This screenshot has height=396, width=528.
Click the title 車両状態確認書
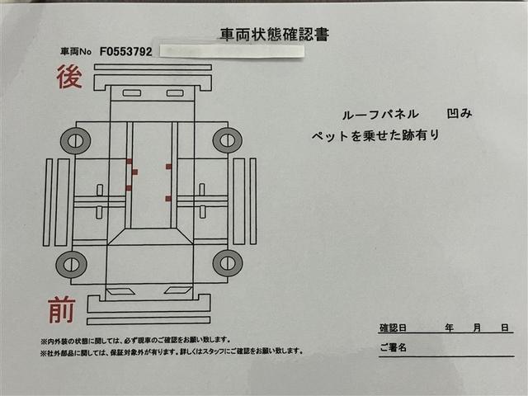click(x=275, y=34)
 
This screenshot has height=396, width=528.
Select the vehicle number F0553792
click(x=126, y=51)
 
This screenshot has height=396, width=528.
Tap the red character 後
click(x=69, y=77)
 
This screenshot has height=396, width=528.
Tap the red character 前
click(x=62, y=310)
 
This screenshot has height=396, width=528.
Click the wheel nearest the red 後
click(x=75, y=141)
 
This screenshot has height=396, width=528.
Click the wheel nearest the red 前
click(x=72, y=264)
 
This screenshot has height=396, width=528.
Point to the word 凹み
click(x=460, y=114)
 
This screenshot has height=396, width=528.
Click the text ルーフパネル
click(x=380, y=115)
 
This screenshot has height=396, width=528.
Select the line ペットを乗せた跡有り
click(x=375, y=135)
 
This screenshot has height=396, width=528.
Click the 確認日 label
click(x=393, y=328)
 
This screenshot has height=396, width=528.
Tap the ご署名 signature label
click(x=393, y=347)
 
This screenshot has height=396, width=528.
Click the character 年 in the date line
click(x=449, y=328)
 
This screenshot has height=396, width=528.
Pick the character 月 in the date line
click(x=477, y=328)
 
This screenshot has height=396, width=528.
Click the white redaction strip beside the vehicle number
click(x=232, y=51)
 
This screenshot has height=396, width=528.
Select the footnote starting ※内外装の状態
click(x=135, y=341)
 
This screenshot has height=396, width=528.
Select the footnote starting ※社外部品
click(x=172, y=351)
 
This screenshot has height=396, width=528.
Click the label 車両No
click(x=76, y=51)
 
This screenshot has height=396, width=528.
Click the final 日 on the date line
click(x=504, y=328)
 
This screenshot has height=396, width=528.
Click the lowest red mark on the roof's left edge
click(x=129, y=188)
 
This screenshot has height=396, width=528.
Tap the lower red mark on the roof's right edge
click(x=168, y=199)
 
